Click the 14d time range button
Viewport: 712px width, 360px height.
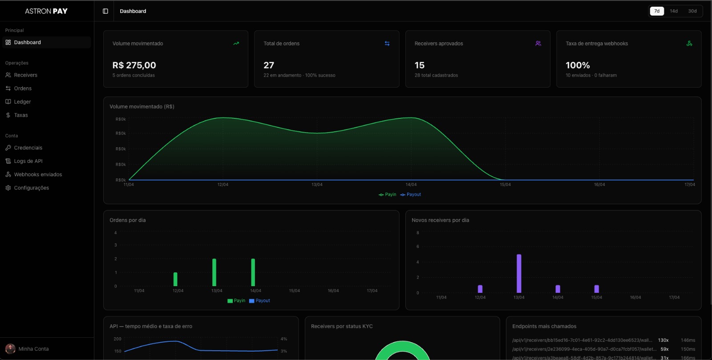tap(674, 11)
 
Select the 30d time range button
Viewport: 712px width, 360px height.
tap(692, 11)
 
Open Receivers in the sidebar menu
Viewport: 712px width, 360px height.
tap(25, 75)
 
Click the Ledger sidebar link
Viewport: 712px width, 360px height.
tap(22, 102)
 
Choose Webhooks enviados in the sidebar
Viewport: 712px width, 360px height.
tap(38, 174)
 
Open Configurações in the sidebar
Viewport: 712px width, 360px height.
tap(31, 188)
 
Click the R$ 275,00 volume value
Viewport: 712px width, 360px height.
tap(134, 65)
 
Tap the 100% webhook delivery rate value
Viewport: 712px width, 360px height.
tap(578, 65)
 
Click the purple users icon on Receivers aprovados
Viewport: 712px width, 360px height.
tap(538, 44)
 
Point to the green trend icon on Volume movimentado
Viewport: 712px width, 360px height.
tap(236, 44)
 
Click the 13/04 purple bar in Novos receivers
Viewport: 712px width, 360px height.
tap(519, 273)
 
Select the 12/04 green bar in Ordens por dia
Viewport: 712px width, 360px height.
tap(175, 279)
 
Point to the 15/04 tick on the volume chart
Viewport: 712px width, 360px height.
tap(505, 184)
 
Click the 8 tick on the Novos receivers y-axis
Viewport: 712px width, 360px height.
tap(417, 233)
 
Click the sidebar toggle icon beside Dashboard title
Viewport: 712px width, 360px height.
tap(105, 11)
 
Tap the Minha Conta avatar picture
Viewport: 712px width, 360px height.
tap(10, 349)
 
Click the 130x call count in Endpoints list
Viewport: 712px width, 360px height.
tap(663, 340)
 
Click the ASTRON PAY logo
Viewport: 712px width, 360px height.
tap(46, 11)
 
